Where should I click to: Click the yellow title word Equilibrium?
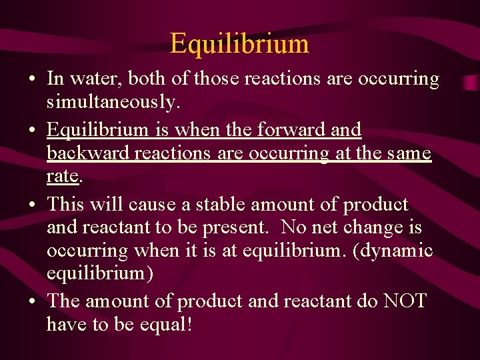[239, 44]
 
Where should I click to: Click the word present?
[235, 228]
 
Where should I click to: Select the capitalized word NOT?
[404, 301]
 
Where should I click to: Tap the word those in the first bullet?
[216, 79]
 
